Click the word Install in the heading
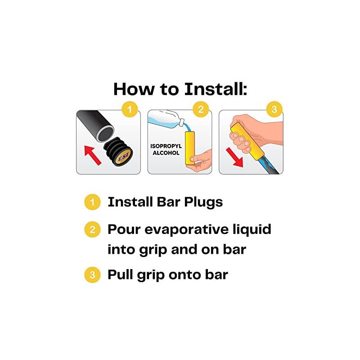(x=216, y=89)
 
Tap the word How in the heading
(x=134, y=89)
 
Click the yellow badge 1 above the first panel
(x=130, y=109)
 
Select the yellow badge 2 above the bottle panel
(x=201, y=109)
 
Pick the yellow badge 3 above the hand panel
(x=274, y=109)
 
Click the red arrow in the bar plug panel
(x=93, y=155)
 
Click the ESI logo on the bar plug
(x=124, y=158)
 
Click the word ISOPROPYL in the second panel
(x=166, y=146)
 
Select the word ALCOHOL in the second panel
(x=166, y=153)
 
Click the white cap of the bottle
(x=182, y=121)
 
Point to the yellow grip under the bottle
(x=190, y=148)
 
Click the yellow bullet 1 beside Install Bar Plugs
(x=92, y=202)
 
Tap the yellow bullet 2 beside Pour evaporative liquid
(x=92, y=229)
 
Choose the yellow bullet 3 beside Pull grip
(x=92, y=275)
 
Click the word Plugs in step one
(x=203, y=202)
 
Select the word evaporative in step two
(x=187, y=229)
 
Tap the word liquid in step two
(x=252, y=230)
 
